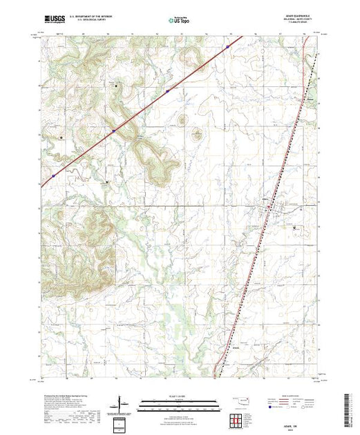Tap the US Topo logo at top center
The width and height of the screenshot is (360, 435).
click(180, 21)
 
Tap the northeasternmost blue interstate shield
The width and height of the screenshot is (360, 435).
click(227, 47)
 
